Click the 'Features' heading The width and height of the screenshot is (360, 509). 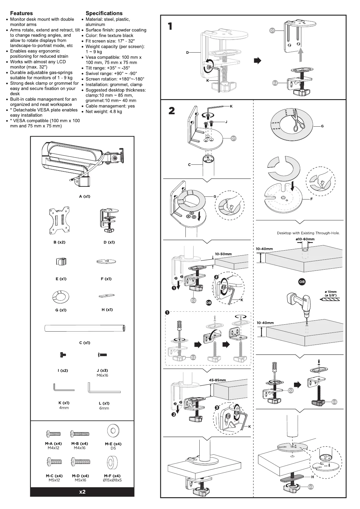21,13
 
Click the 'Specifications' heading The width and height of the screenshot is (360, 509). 104,13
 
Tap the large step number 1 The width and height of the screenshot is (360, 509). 170,26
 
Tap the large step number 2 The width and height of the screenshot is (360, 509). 172,111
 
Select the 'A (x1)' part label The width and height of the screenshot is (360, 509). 84,196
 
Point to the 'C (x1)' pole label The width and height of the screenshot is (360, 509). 84,343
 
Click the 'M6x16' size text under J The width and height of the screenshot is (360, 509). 102,375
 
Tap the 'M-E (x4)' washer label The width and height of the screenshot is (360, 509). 113,444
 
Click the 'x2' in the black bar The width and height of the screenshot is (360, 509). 82,492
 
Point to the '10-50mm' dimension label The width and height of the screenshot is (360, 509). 223,254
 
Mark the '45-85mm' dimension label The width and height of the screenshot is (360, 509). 217,380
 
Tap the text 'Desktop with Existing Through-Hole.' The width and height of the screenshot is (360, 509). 308,233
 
